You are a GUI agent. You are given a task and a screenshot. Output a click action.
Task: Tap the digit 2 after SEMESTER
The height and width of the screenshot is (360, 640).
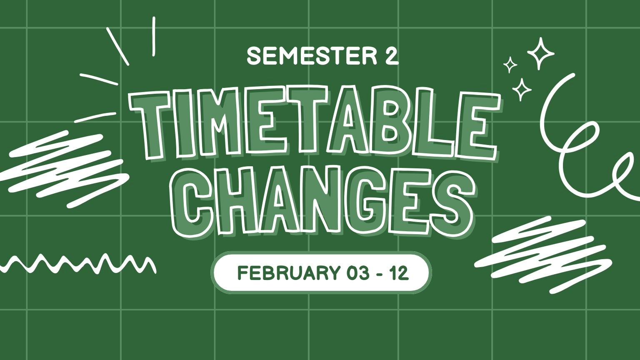click(x=391, y=56)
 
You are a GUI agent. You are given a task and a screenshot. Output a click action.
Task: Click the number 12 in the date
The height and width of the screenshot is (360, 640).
click(x=399, y=273)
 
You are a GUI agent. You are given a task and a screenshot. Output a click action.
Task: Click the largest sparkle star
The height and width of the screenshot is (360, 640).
click(x=541, y=53)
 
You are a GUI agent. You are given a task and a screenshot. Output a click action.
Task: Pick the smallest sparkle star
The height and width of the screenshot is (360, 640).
click(x=510, y=65)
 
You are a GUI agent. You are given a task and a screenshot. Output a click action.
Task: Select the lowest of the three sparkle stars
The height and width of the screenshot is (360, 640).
click(x=521, y=89)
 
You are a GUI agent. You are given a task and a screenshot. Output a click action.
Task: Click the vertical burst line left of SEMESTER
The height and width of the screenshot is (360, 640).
click(x=154, y=36)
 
